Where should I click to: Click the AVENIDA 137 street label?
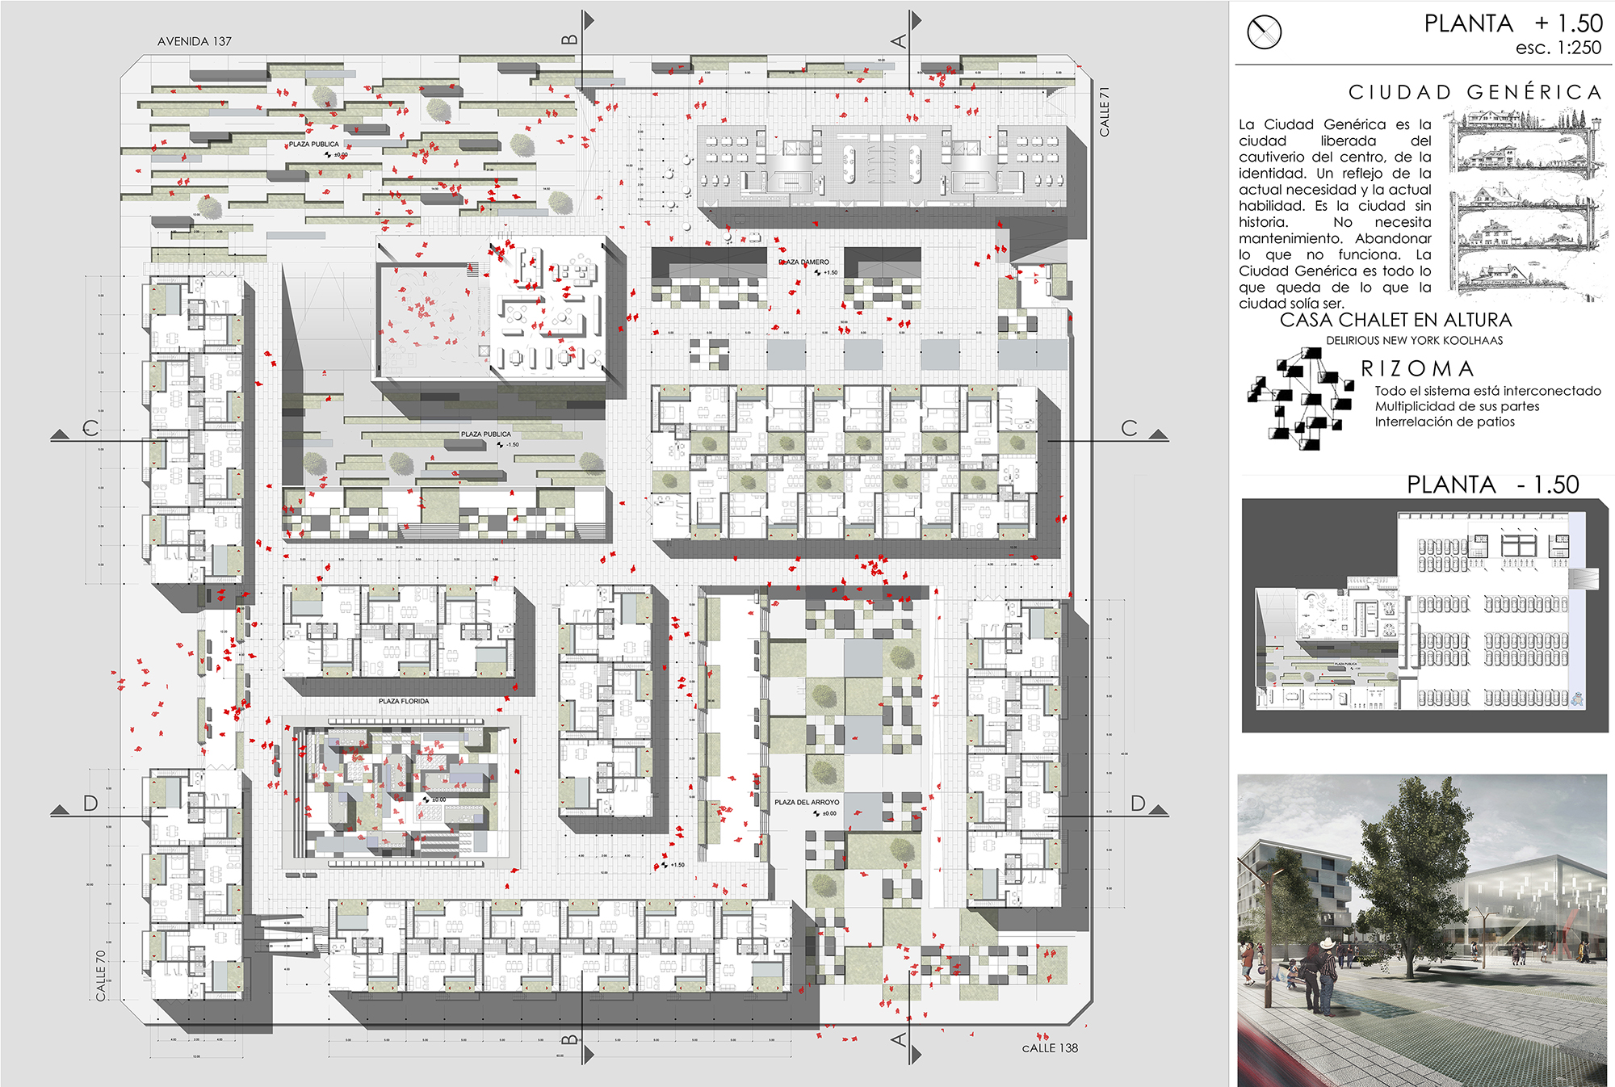194,41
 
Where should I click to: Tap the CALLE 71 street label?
1105,111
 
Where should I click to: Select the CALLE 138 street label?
1049,1048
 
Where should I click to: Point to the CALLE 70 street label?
101,976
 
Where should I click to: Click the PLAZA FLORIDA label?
404,701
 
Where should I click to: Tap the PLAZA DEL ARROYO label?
807,802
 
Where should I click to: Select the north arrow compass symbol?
1264,32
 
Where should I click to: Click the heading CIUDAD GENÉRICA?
1474,92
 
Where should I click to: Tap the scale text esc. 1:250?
1558,48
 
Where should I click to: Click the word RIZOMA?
1418,369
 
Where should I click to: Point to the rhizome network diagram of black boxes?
1300,399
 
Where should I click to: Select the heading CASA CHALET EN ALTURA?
1395,320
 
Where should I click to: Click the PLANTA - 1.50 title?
1492,485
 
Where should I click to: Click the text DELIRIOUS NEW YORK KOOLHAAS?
1414,341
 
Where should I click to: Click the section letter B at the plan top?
569,40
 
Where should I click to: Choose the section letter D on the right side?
1137,804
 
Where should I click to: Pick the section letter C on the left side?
90,428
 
